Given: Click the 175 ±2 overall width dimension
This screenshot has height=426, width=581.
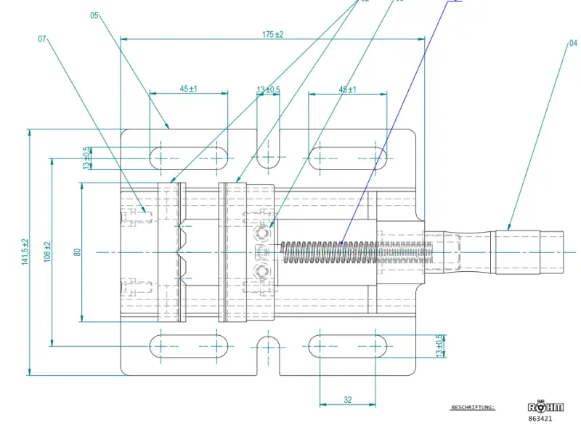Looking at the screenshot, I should pyautogui.click(x=272, y=34).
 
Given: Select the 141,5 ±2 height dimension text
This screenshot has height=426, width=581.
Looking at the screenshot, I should pyautogui.click(x=25, y=252).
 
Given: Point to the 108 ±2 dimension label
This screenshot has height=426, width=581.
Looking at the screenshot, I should pyautogui.click(x=48, y=252).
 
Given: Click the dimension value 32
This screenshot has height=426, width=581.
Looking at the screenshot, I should pyautogui.click(x=348, y=400).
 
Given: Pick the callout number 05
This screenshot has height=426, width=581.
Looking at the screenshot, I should pyautogui.click(x=95, y=15).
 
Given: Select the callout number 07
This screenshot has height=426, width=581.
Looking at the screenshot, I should pyautogui.click(x=42, y=39).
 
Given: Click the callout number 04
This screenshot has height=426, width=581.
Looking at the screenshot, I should pyautogui.click(x=574, y=43).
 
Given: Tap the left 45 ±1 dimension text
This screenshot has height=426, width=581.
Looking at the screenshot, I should pyautogui.click(x=188, y=89).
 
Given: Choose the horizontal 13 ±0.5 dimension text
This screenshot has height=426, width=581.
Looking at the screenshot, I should pyautogui.click(x=269, y=89).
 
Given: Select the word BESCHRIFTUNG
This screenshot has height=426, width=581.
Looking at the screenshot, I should pyautogui.click(x=473, y=408).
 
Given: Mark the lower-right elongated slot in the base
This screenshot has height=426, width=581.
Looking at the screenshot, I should pyautogui.click(x=348, y=345).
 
